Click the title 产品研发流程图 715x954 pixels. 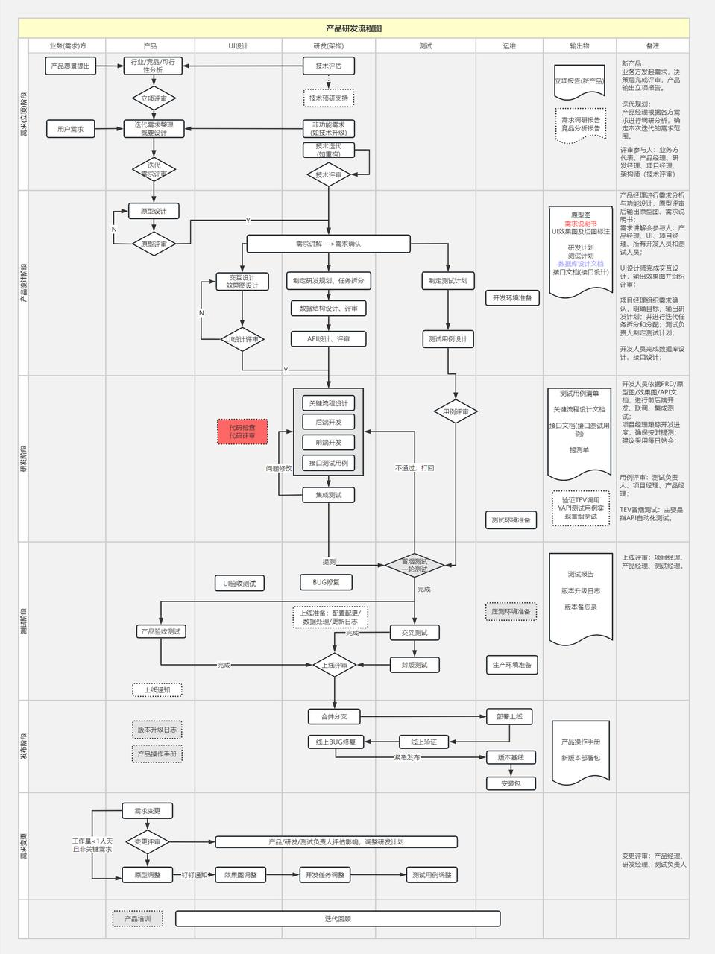(353, 28)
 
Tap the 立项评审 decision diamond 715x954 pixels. (154, 98)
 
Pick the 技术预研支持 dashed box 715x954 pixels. (329, 98)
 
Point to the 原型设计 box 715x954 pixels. (154, 211)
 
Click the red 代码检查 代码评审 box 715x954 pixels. (242, 432)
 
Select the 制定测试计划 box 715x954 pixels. (448, 281)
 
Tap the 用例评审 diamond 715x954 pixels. (456, 411)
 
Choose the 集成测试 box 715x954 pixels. (329, 495)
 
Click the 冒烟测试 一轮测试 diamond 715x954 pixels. (415, 566)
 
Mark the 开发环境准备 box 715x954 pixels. (512, 298)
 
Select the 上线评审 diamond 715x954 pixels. (335, 665)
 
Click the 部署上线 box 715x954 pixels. (510, 717)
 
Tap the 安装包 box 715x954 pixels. (511, 783)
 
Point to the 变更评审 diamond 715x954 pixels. (148, 842)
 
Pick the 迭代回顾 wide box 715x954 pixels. (338, 919)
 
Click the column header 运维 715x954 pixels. (509, 46)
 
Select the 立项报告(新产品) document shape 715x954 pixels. (579, 80)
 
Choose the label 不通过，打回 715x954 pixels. (415, 468)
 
